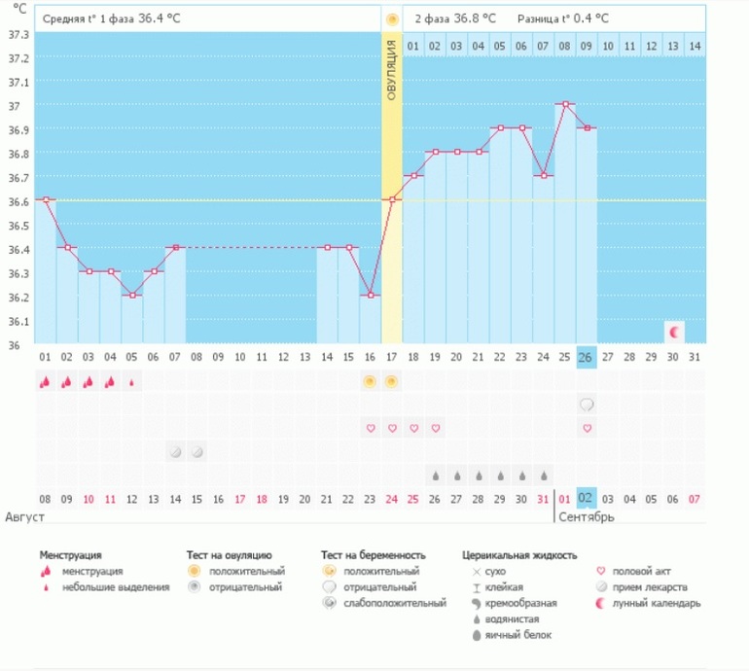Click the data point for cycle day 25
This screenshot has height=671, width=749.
[565, 104]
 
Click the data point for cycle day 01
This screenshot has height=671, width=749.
[45, 199]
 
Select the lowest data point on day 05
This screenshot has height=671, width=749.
[131, 295]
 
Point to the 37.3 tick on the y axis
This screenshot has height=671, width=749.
[18, 34]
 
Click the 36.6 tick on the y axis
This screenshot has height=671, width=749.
[18, 201]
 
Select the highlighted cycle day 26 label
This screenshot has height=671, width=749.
[587, 357]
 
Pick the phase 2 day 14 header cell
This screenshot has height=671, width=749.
[694, 46]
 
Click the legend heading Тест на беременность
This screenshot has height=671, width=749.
[374, 555]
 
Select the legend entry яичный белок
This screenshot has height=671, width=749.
[523, 634]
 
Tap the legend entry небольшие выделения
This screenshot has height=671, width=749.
[115, 586]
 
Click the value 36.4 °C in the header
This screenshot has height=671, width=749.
[158, 18]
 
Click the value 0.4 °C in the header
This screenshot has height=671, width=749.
[589, 18]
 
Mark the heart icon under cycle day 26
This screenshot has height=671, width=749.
[587, 428]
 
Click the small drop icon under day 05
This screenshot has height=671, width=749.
[131, 382]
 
